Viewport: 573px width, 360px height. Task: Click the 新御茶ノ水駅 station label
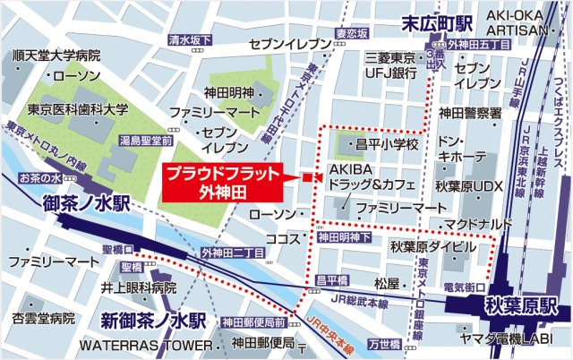point(153,321)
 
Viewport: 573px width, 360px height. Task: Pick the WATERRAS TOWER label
point(141,345)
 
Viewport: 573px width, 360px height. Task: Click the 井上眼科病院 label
point(139,288)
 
